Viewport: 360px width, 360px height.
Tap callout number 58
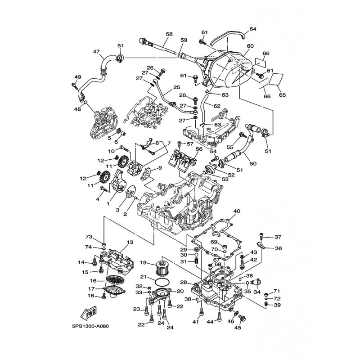169,34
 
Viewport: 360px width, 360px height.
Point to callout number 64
252,29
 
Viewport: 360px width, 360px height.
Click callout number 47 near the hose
96,52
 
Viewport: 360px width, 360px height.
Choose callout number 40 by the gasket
237,211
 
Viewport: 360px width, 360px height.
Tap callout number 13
130,243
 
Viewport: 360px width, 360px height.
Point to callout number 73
89,237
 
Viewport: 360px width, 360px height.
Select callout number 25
176,87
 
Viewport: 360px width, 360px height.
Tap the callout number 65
283,95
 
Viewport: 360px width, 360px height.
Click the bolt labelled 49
74,85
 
